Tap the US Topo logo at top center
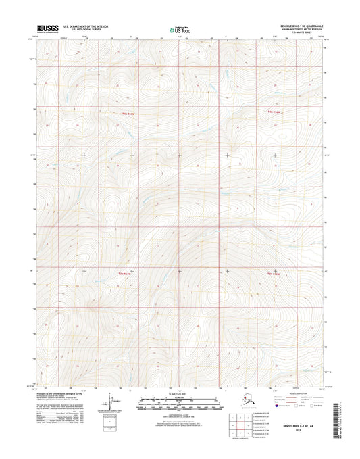180,30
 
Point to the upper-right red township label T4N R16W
273,112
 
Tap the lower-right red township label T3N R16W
273,273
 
